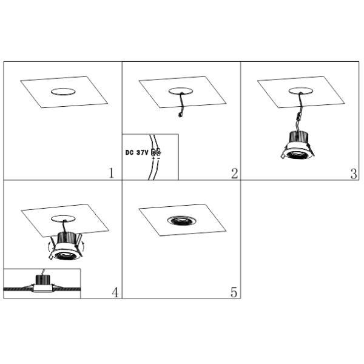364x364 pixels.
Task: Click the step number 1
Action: tap(112, 173)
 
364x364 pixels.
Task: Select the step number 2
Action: tap(234, 174)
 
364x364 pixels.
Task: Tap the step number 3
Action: tap(354, 174)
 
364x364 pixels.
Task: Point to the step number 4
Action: tap(115, 292)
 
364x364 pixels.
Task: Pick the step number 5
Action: tap(234, 292)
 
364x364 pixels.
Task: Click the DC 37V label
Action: tap(136, 152)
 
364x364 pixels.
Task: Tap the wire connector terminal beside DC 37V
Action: tap(155, 152)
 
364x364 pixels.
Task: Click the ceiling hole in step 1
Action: tap(63, 92)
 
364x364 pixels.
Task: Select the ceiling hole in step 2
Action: tap(181, 91)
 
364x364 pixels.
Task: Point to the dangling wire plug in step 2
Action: tap(180, 115)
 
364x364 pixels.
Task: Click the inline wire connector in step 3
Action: tap(298, 116)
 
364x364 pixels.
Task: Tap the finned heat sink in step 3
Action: tap(299, 138)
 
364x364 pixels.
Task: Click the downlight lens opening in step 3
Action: tap(297, 154)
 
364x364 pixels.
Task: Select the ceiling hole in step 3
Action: tap(301, 91)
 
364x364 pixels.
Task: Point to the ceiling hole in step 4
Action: tap(63, 219)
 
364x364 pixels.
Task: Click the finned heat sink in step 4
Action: tap(67, 238)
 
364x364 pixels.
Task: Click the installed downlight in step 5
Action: tap(182, 220)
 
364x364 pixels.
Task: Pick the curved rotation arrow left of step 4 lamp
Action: tap(49, 248)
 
